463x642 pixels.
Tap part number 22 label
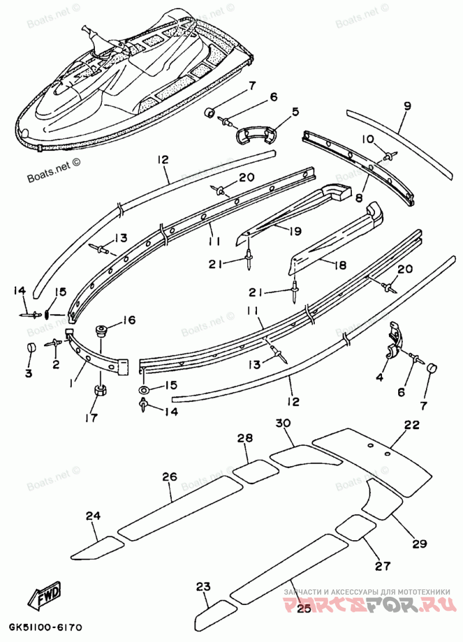point(411,425)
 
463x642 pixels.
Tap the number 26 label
point(169,477)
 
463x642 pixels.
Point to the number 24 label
point(93,516)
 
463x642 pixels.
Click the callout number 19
point(295,231)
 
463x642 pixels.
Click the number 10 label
point(369,139)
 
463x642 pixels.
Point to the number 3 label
point(28,373)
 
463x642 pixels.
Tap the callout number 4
point(380,378)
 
